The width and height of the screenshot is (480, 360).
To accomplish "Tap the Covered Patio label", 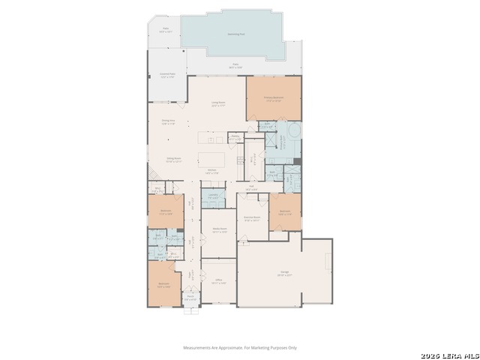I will point(167,75).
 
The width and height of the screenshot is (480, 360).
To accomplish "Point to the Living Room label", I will point(218,105).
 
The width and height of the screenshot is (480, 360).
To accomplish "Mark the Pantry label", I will point(235,138).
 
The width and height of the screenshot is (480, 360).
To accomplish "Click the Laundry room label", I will point(213,197).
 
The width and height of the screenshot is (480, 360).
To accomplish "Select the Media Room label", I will point(220,231).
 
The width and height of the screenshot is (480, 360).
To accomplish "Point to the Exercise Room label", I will point(252,219).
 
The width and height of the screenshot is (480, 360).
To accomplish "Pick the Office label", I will point(218,282).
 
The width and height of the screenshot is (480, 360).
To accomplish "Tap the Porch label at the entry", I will point(190,297).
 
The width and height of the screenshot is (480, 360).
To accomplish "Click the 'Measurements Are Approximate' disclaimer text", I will point(241,347).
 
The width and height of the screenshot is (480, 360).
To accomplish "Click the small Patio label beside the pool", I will point(162,31).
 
